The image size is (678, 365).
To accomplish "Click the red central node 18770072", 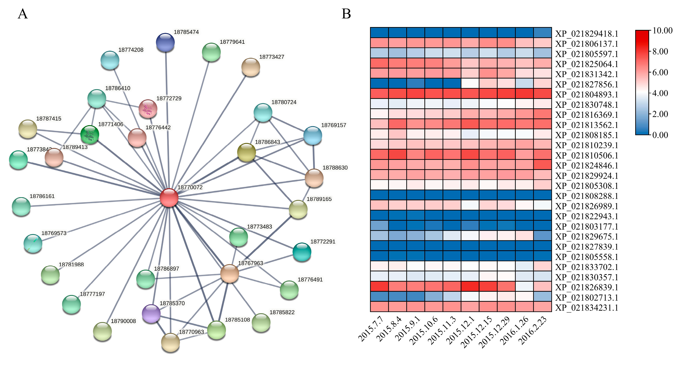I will [x=169, y=197].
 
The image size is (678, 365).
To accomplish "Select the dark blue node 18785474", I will [x=165, y=42].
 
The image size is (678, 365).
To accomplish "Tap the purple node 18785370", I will [x=151, y=313].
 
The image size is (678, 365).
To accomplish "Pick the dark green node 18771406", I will [x=90, y=134].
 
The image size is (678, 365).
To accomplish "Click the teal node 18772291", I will [x=302, y=252].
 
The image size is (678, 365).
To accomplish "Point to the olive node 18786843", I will [x=246, y=152].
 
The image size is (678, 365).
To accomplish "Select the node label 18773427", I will [x=272, y=57].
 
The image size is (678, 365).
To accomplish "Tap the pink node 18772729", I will [x=148, y=109].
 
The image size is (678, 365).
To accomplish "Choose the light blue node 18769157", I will [x=313, y=135].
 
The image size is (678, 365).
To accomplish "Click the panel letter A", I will [x=23, y=14].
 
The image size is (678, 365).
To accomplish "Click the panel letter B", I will [x=346, y=14].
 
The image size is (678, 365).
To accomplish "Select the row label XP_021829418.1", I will [x=586, y=34].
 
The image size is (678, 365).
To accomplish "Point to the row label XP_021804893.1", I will [x=586, y=94].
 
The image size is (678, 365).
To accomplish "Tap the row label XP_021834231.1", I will [x=586, y=307].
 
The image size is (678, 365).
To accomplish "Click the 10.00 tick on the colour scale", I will [x=662, y=30].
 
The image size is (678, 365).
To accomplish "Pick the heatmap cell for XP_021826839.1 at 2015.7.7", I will [x=379, y=286].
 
